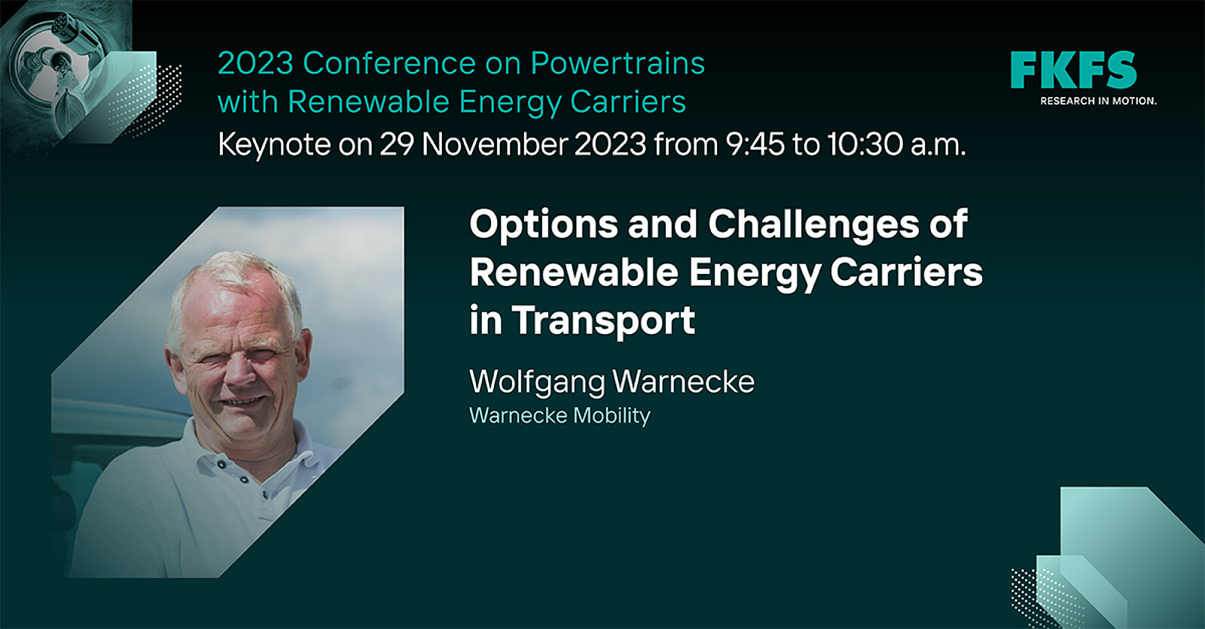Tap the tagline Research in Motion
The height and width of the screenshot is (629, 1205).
pos(1098,101)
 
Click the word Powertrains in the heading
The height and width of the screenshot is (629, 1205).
pos(618,63)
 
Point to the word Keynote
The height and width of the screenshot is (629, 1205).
pos(274,144)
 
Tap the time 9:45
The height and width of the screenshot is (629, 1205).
pos(755,144)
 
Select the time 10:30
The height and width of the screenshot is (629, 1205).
pos(865,144)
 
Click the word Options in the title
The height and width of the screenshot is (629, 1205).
pos(543,225)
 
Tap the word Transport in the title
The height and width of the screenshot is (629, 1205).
pos(603,321)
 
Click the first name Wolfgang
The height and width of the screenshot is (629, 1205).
pos(537,383)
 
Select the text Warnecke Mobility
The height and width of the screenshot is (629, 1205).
pos(560,415)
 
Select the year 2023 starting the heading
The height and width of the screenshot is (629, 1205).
pos(255,63)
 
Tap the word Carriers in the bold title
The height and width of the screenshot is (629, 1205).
pos(907,272)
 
